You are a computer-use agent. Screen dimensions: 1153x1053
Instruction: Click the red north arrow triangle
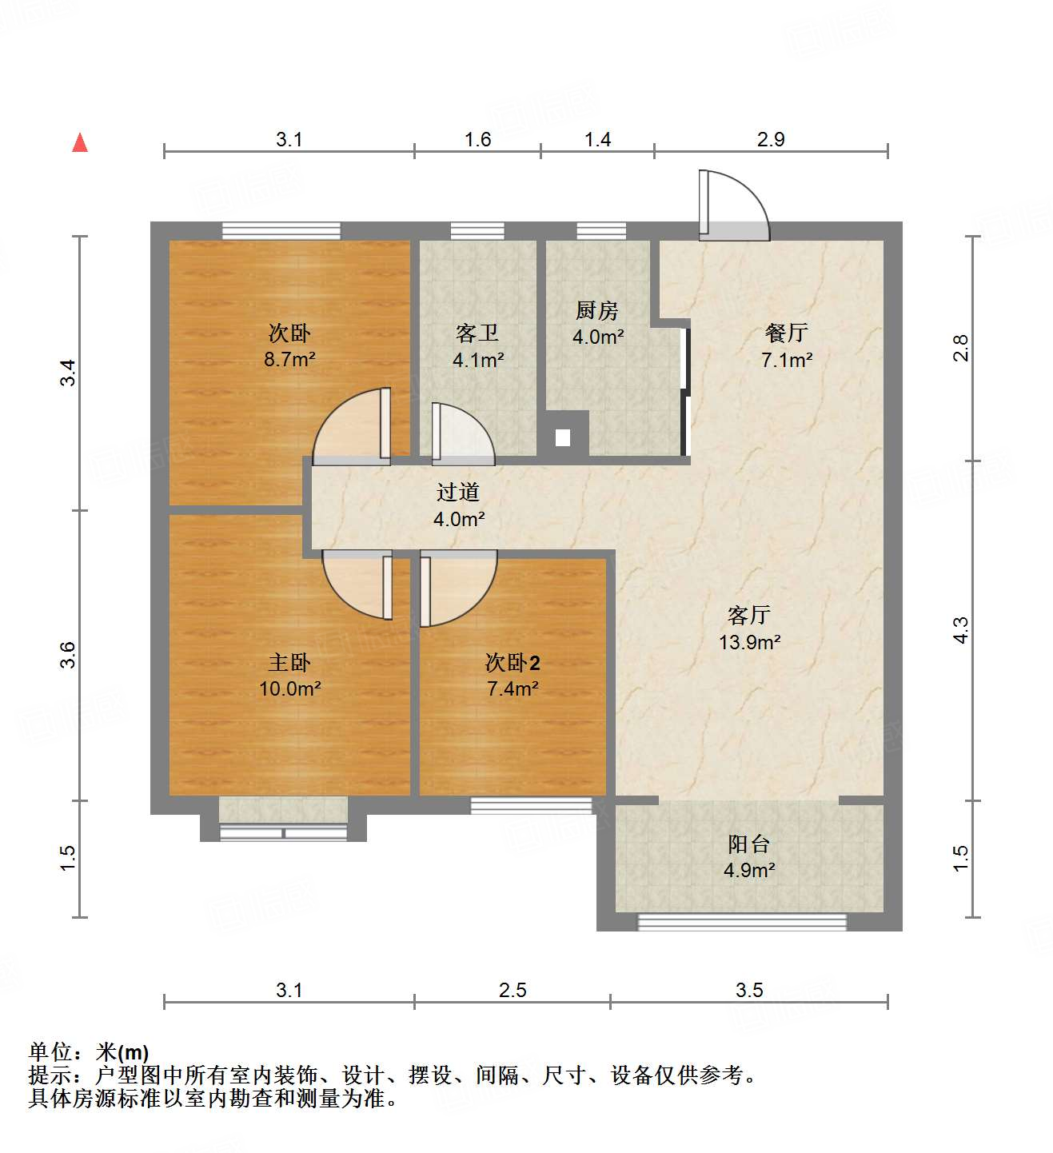(80, 143)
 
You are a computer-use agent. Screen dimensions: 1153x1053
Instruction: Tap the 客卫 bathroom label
(477, 333)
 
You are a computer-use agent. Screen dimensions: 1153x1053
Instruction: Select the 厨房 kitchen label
(597, 310)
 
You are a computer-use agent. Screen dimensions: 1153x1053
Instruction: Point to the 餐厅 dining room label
(787, 333)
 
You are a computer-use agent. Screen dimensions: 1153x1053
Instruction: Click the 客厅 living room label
(749, 615)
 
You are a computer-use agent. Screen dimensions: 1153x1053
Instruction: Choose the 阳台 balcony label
(749, 844)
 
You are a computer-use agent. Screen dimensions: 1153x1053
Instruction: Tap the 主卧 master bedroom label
(289, 663)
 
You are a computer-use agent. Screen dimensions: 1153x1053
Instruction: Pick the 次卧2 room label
(513, 663)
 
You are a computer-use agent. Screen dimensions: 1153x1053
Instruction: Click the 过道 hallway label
(458, 493)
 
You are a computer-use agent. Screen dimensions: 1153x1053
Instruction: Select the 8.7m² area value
(289, 359)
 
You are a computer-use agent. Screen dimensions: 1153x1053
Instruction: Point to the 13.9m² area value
(749, 641)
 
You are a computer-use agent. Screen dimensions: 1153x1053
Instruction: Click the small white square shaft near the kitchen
(563, 437)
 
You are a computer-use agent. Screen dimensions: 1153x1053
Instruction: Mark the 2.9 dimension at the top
(771, 139)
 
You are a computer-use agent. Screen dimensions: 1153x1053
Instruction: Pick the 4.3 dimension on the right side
(960, 630)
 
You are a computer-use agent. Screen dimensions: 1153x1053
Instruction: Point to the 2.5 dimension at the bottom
(513, 990)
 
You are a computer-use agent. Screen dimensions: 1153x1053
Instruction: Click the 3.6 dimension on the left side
(69, 655)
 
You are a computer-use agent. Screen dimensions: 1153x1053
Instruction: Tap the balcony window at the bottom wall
(742, 922)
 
